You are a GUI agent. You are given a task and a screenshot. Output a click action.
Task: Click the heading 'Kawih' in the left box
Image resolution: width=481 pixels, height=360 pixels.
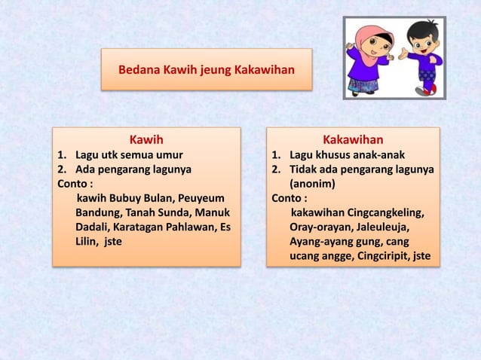coord(146,139)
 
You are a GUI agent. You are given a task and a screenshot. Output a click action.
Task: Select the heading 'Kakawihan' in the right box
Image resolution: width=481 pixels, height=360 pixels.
coord(352,139)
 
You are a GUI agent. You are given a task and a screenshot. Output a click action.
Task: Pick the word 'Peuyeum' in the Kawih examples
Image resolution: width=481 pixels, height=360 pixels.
coord(203,198)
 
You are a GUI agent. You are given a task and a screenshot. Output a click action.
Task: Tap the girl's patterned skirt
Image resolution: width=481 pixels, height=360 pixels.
coord(364,82)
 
